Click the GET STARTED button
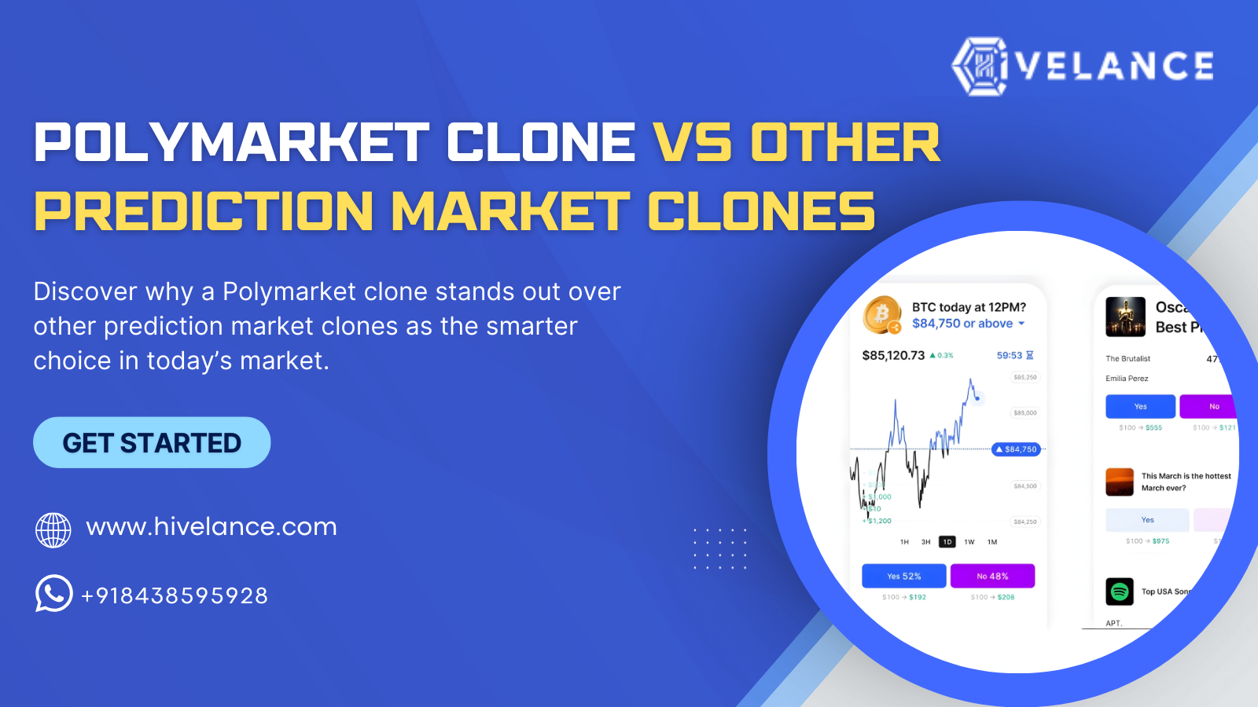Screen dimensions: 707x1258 tap(152, 443)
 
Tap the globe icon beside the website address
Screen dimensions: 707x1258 tap(53, 529)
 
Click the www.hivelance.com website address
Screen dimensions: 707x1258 tap(212, 526)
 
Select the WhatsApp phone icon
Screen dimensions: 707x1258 tap(53, 593)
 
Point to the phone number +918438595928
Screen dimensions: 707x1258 tap(175, 595)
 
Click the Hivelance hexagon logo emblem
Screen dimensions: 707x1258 tap(980, 66)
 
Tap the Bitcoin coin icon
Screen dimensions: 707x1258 tap(882, 314)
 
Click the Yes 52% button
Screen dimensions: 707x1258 tap(904, 576)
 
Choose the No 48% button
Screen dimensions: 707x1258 tap(992, 576)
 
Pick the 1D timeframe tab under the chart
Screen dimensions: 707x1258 tap(947, 542)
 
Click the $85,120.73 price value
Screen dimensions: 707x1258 tap(893, 356)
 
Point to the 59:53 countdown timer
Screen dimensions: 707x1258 tap(1009, 356)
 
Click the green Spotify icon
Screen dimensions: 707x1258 tap(1120, 592)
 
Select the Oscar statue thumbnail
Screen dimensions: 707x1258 tap(1125, 317)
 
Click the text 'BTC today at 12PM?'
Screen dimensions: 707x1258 tap(969, 307)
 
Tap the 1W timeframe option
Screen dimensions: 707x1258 tap(969, 542)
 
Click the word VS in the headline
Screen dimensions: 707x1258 tap(693, 143)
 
